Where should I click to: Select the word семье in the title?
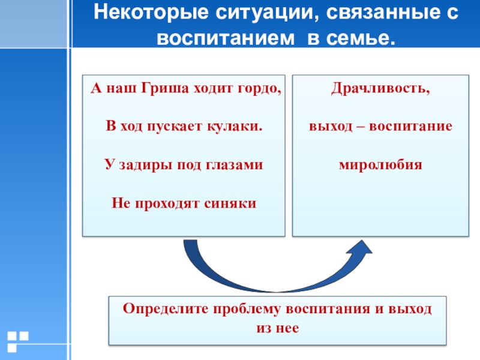click(x=365, y=38)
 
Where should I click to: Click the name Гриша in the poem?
click(x=164, y=89)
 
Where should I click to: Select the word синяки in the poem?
click(x=236, y=203)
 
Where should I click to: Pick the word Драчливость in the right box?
click(x=380, y=89)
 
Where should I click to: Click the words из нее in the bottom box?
click(x=277, y=328)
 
